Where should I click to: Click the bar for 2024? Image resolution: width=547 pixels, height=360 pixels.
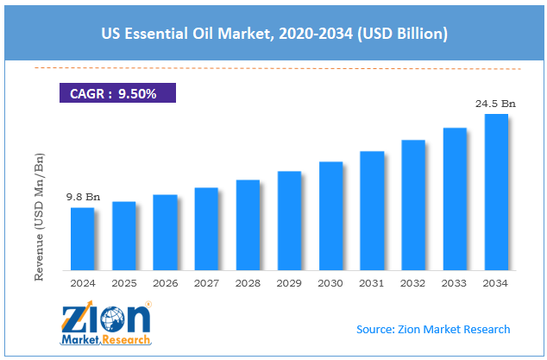click(x=82, y=238)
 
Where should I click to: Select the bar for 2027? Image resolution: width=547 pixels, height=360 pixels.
click(x=206, y=228)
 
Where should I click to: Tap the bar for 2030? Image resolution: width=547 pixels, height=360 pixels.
click(x=330, y=215)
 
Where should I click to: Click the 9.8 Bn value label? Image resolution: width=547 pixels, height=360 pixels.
click(x=84, y=197)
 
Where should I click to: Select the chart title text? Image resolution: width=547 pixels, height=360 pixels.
click(x=273, y=35)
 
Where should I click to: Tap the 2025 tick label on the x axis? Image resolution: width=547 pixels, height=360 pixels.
click(x=124, y=282)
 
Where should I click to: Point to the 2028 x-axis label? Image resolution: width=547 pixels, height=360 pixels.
click(x=248, y=282)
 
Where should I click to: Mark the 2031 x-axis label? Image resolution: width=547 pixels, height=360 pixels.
click(x=372, y=282)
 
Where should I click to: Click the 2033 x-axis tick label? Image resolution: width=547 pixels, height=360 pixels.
click(x=455, y=282)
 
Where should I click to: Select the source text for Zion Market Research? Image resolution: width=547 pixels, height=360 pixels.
click(x=433, y=329)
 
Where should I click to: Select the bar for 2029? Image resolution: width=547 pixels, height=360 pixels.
click(x=289, y=220)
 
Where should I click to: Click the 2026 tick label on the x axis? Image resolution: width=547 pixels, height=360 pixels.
click(x=166, y=282)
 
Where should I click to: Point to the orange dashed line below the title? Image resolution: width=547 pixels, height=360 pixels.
click(x=273, y=67)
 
